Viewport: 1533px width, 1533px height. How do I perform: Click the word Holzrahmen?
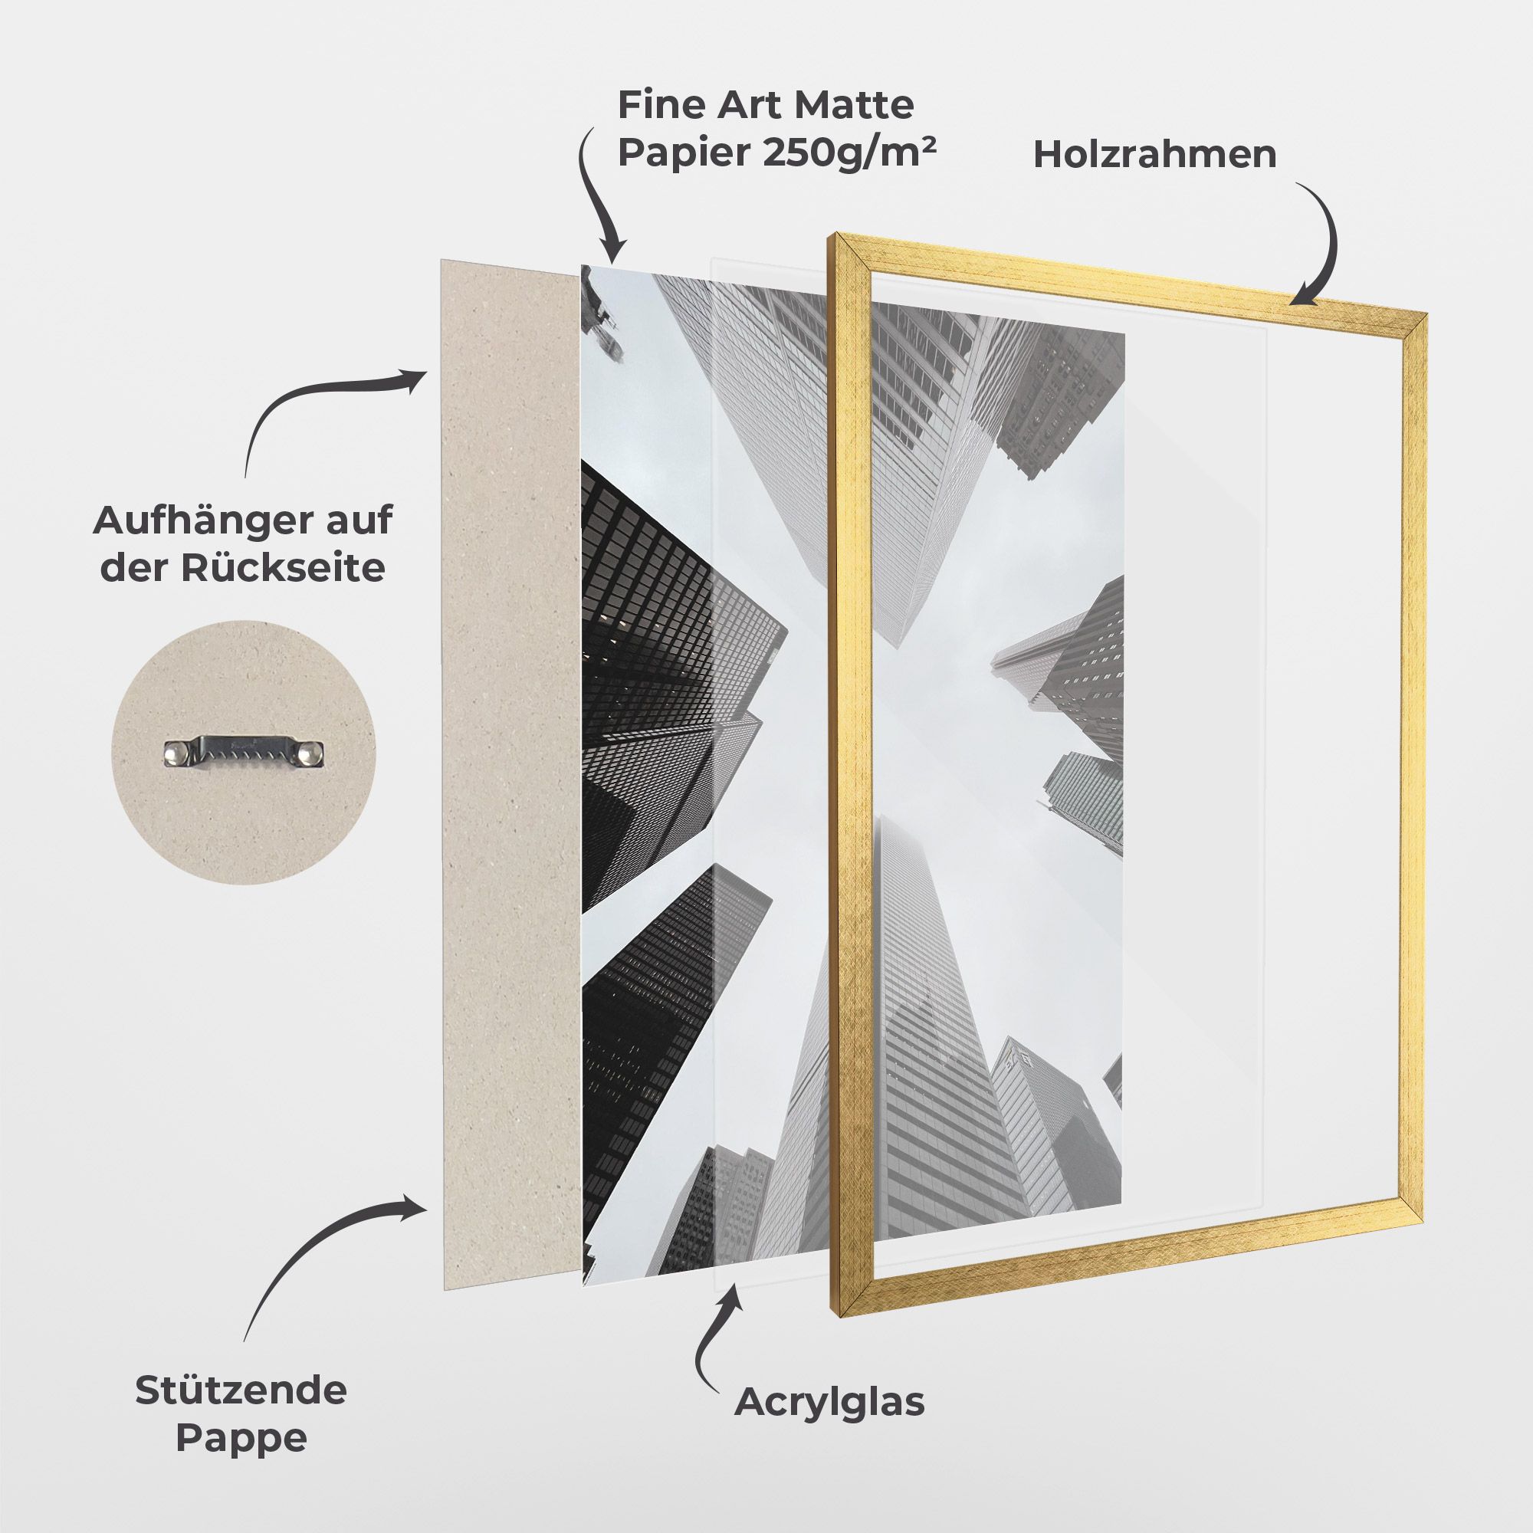point(1154,155)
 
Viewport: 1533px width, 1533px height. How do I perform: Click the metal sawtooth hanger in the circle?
point(245,752)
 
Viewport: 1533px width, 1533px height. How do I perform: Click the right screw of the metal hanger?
point(313,752)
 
